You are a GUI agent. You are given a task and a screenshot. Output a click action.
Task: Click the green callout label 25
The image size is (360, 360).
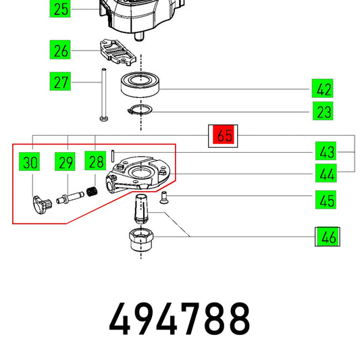pyautogui.click(x=60, y=9)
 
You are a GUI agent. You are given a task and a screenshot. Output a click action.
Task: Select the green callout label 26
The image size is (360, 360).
pyautogui.click(x=60, y=49)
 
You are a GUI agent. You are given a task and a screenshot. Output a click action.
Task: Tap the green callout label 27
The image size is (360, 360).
pyautogui.click(x=60, y=81)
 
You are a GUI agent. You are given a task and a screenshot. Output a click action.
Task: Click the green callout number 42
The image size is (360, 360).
pyautogui.click(x=322, y=88)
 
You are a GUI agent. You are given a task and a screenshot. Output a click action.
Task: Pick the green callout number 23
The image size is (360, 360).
pyautogui.click(x=323, y=111)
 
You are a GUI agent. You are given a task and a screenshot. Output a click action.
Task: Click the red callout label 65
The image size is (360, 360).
pyautogui.click(x=223, y=135)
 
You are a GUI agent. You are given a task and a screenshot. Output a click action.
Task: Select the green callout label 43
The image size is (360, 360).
pyautogui.click(x=326, y=151)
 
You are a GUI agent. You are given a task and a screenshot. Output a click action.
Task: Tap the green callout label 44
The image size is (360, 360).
pyautogui.click(x=326, y=173)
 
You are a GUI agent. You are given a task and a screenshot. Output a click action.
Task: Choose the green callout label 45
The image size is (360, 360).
pyautogui.click(x=326, y=199)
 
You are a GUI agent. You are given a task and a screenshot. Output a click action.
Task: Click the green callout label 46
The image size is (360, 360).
pyautogui.click(x=328, y=236)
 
